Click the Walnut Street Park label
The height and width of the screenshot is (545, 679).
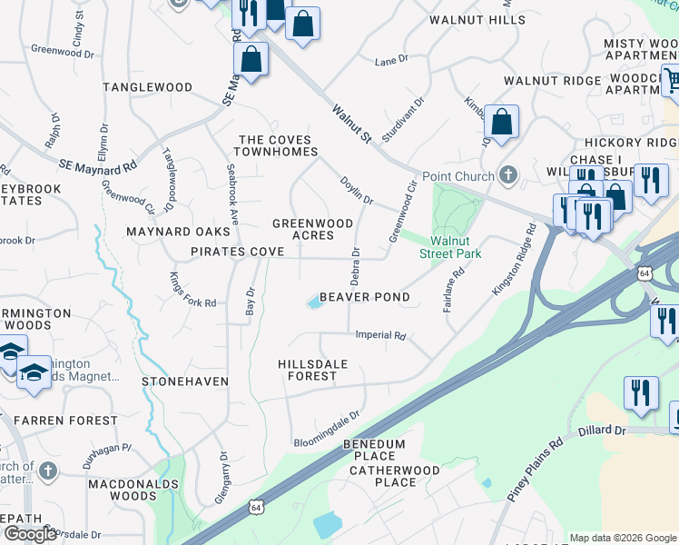[449, 248]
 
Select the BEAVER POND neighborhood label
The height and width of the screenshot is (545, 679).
[364, 297]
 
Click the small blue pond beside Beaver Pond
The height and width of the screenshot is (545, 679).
[315, 302]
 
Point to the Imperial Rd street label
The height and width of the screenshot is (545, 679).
[380, 335]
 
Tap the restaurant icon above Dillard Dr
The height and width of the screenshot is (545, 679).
[641, 393]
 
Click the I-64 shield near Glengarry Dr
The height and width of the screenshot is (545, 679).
[257, 507]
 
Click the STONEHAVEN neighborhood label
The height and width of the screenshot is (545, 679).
[185, 381]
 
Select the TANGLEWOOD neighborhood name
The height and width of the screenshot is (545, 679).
[147, 87]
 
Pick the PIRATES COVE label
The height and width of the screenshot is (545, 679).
[231, 251]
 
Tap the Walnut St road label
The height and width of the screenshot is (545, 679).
[352, 124]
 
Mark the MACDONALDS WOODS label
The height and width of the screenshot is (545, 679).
[123, 490]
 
